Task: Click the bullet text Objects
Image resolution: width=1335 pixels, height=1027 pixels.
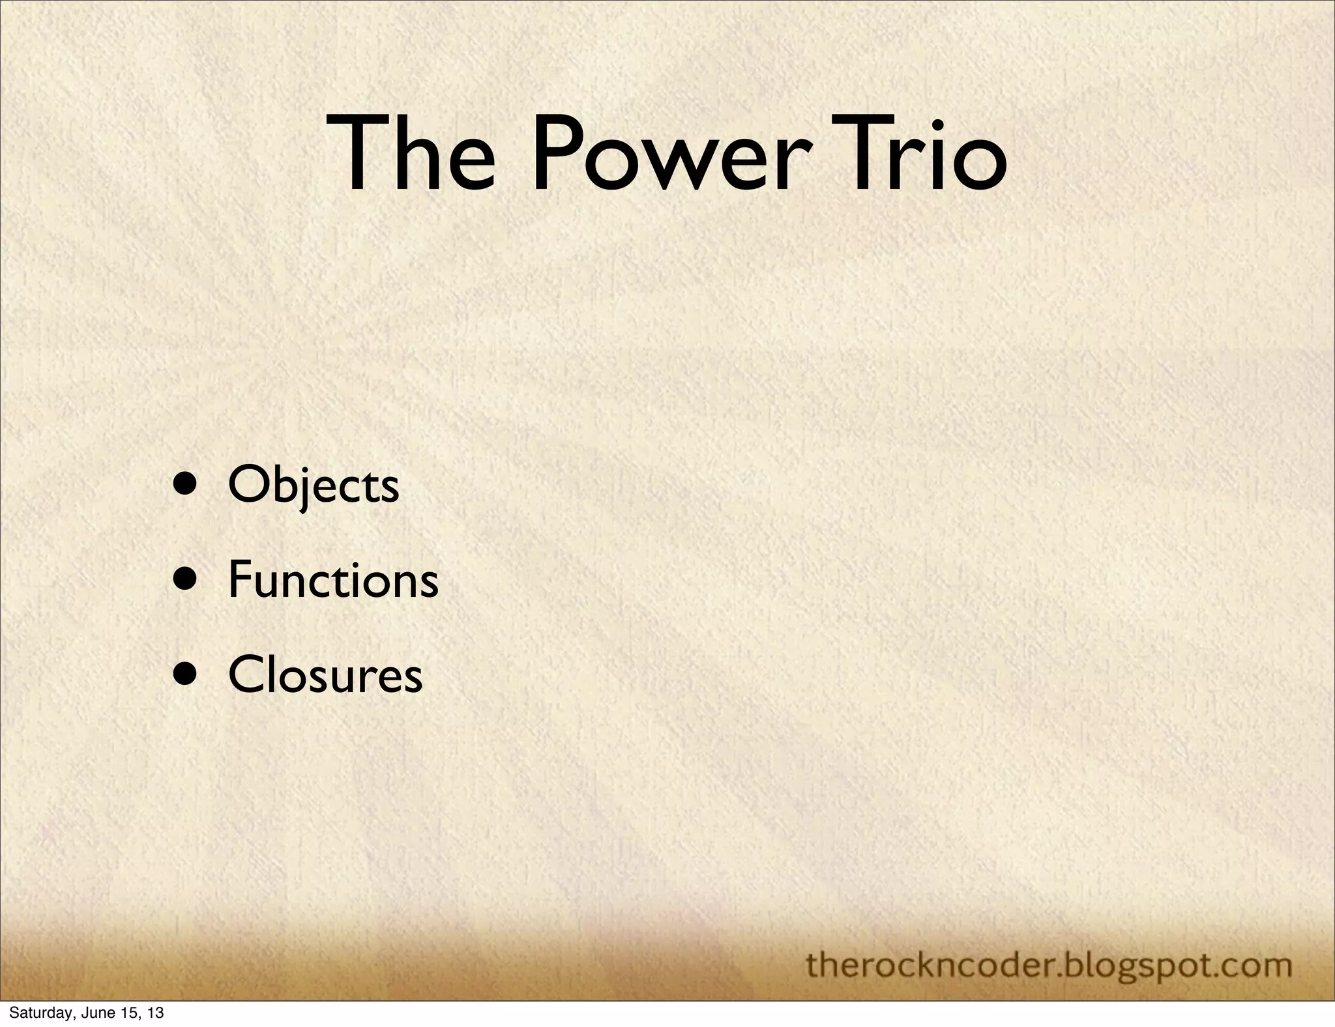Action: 313,485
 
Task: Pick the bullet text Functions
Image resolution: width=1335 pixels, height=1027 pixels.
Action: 332,580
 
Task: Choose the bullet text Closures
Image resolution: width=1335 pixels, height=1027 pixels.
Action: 325,675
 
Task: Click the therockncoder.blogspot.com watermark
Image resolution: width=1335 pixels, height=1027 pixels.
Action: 1049,964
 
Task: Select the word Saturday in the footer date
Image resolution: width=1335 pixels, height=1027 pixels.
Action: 35,1014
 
